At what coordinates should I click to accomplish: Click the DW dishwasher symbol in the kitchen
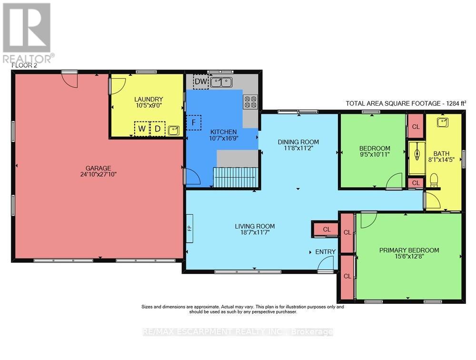(x=201, y=82)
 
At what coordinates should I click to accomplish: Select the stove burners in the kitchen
(x=250, y=101)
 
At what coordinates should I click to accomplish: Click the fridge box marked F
(x=193, y=122)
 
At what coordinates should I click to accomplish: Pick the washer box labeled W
(x=142, y=129)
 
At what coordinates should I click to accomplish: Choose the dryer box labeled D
(x=157, y=129)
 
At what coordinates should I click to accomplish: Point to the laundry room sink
(x=174, y=129)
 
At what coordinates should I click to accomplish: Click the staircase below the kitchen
(x=235, y=178)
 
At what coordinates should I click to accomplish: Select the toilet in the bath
(x=433, y=180)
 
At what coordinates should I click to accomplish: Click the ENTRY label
(x=325, y=251)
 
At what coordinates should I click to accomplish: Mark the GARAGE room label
(x=99, y=168)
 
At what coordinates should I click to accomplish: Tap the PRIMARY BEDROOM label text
(x=409, y=250)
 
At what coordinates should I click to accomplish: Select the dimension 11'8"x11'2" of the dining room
(x=298, y=149)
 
